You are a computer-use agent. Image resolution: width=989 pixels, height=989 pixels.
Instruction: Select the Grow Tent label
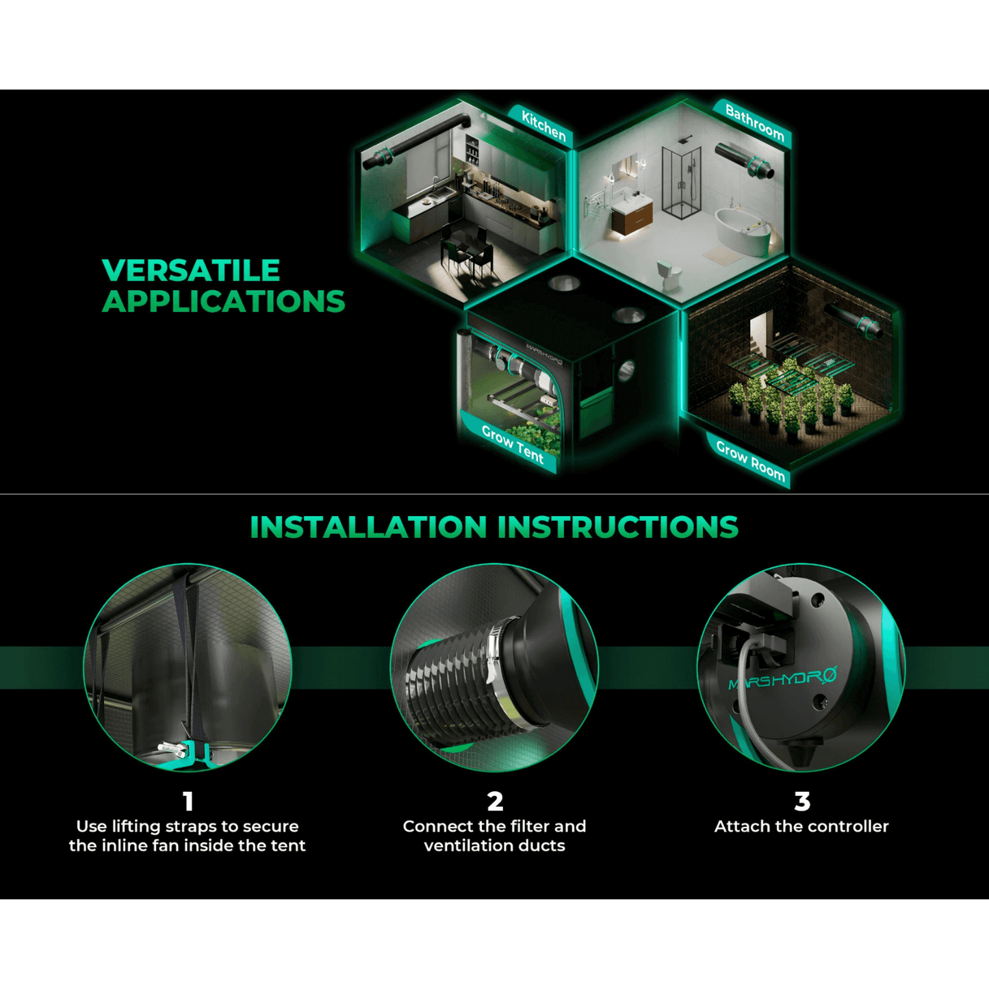(x=512, y=444)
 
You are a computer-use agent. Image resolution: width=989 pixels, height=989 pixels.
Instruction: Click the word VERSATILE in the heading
(x=191, y=270)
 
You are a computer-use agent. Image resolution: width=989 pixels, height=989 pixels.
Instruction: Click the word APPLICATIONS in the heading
(x=224, y=301)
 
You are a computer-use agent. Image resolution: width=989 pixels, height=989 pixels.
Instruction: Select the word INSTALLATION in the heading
(x=368, y=526)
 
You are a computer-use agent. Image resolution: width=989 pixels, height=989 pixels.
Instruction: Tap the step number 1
(x=188, y=801)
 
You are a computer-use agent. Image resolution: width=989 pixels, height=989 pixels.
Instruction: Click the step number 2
(x=495, y=801)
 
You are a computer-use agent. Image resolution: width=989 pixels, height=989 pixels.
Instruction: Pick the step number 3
(x=801, y=801)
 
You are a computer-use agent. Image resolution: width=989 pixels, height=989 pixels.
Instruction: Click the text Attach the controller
(x=801, y=826)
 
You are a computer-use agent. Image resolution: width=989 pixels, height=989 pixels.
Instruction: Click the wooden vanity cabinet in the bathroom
(x=632, y=214)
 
